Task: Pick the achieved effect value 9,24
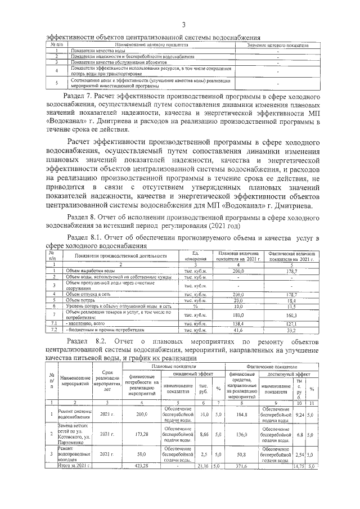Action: (299, 415)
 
